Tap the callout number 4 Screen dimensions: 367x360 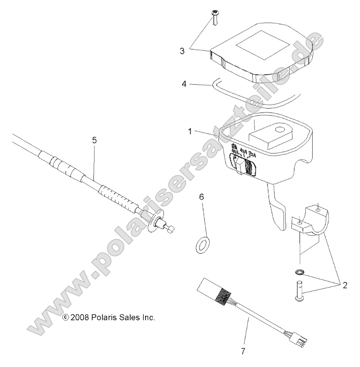(184, 84)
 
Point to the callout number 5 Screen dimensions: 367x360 (94, 140)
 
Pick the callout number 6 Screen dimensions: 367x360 (202, 197)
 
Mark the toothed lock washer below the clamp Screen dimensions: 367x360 (299, 273)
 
